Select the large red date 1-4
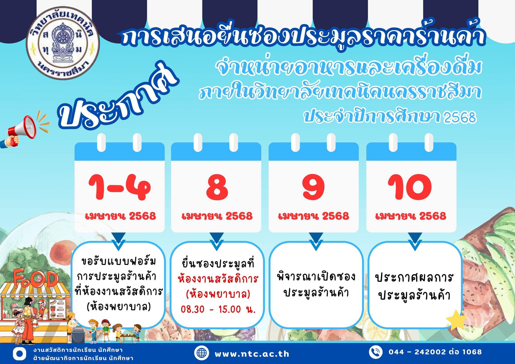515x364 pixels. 120,188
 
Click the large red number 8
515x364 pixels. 217,187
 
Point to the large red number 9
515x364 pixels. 314,187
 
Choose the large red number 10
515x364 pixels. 410,187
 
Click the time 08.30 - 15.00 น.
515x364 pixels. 218,309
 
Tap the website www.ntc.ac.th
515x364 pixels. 252,354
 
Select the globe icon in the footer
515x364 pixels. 201,353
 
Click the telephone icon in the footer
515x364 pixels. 376,352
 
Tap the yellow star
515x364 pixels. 456,320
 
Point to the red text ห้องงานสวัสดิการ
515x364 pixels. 218,279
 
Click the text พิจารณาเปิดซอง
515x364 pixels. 316,276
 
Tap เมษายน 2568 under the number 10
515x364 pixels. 411,216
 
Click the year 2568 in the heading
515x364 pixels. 460,117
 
